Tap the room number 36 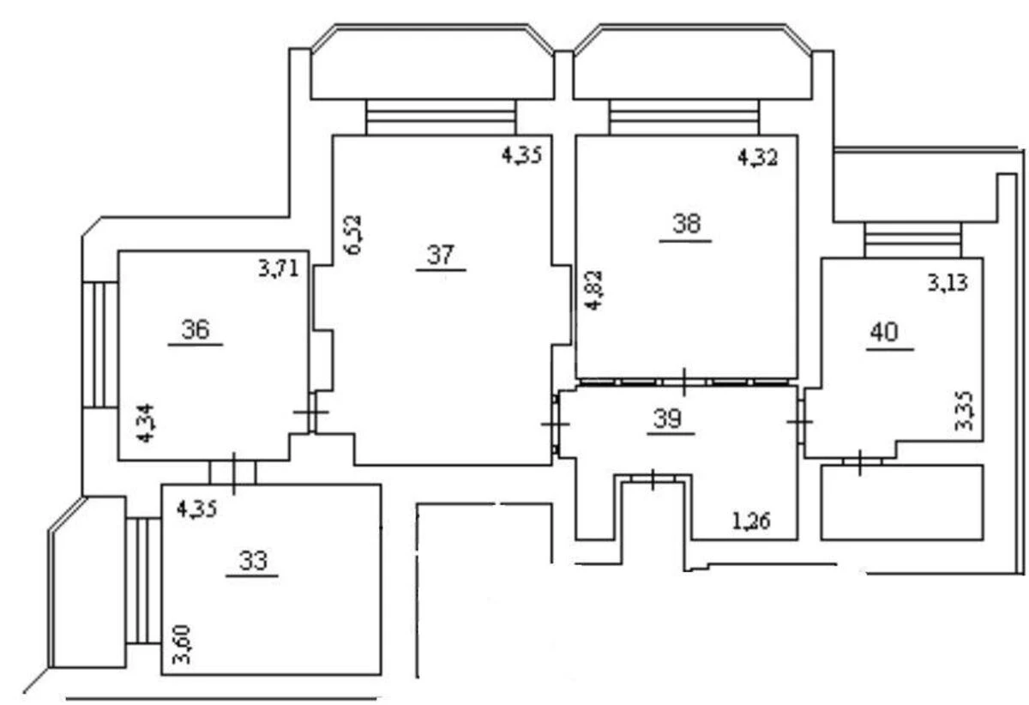pos(196,329)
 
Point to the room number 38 pos(686,225)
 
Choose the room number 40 pos(884,333)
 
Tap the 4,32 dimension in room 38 pos(758,158)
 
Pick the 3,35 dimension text pos(965,412)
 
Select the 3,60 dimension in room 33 pos(182,646)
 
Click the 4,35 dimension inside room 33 pos(196,508)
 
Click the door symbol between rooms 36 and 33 pos(232,472)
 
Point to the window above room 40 pos(912,239)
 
